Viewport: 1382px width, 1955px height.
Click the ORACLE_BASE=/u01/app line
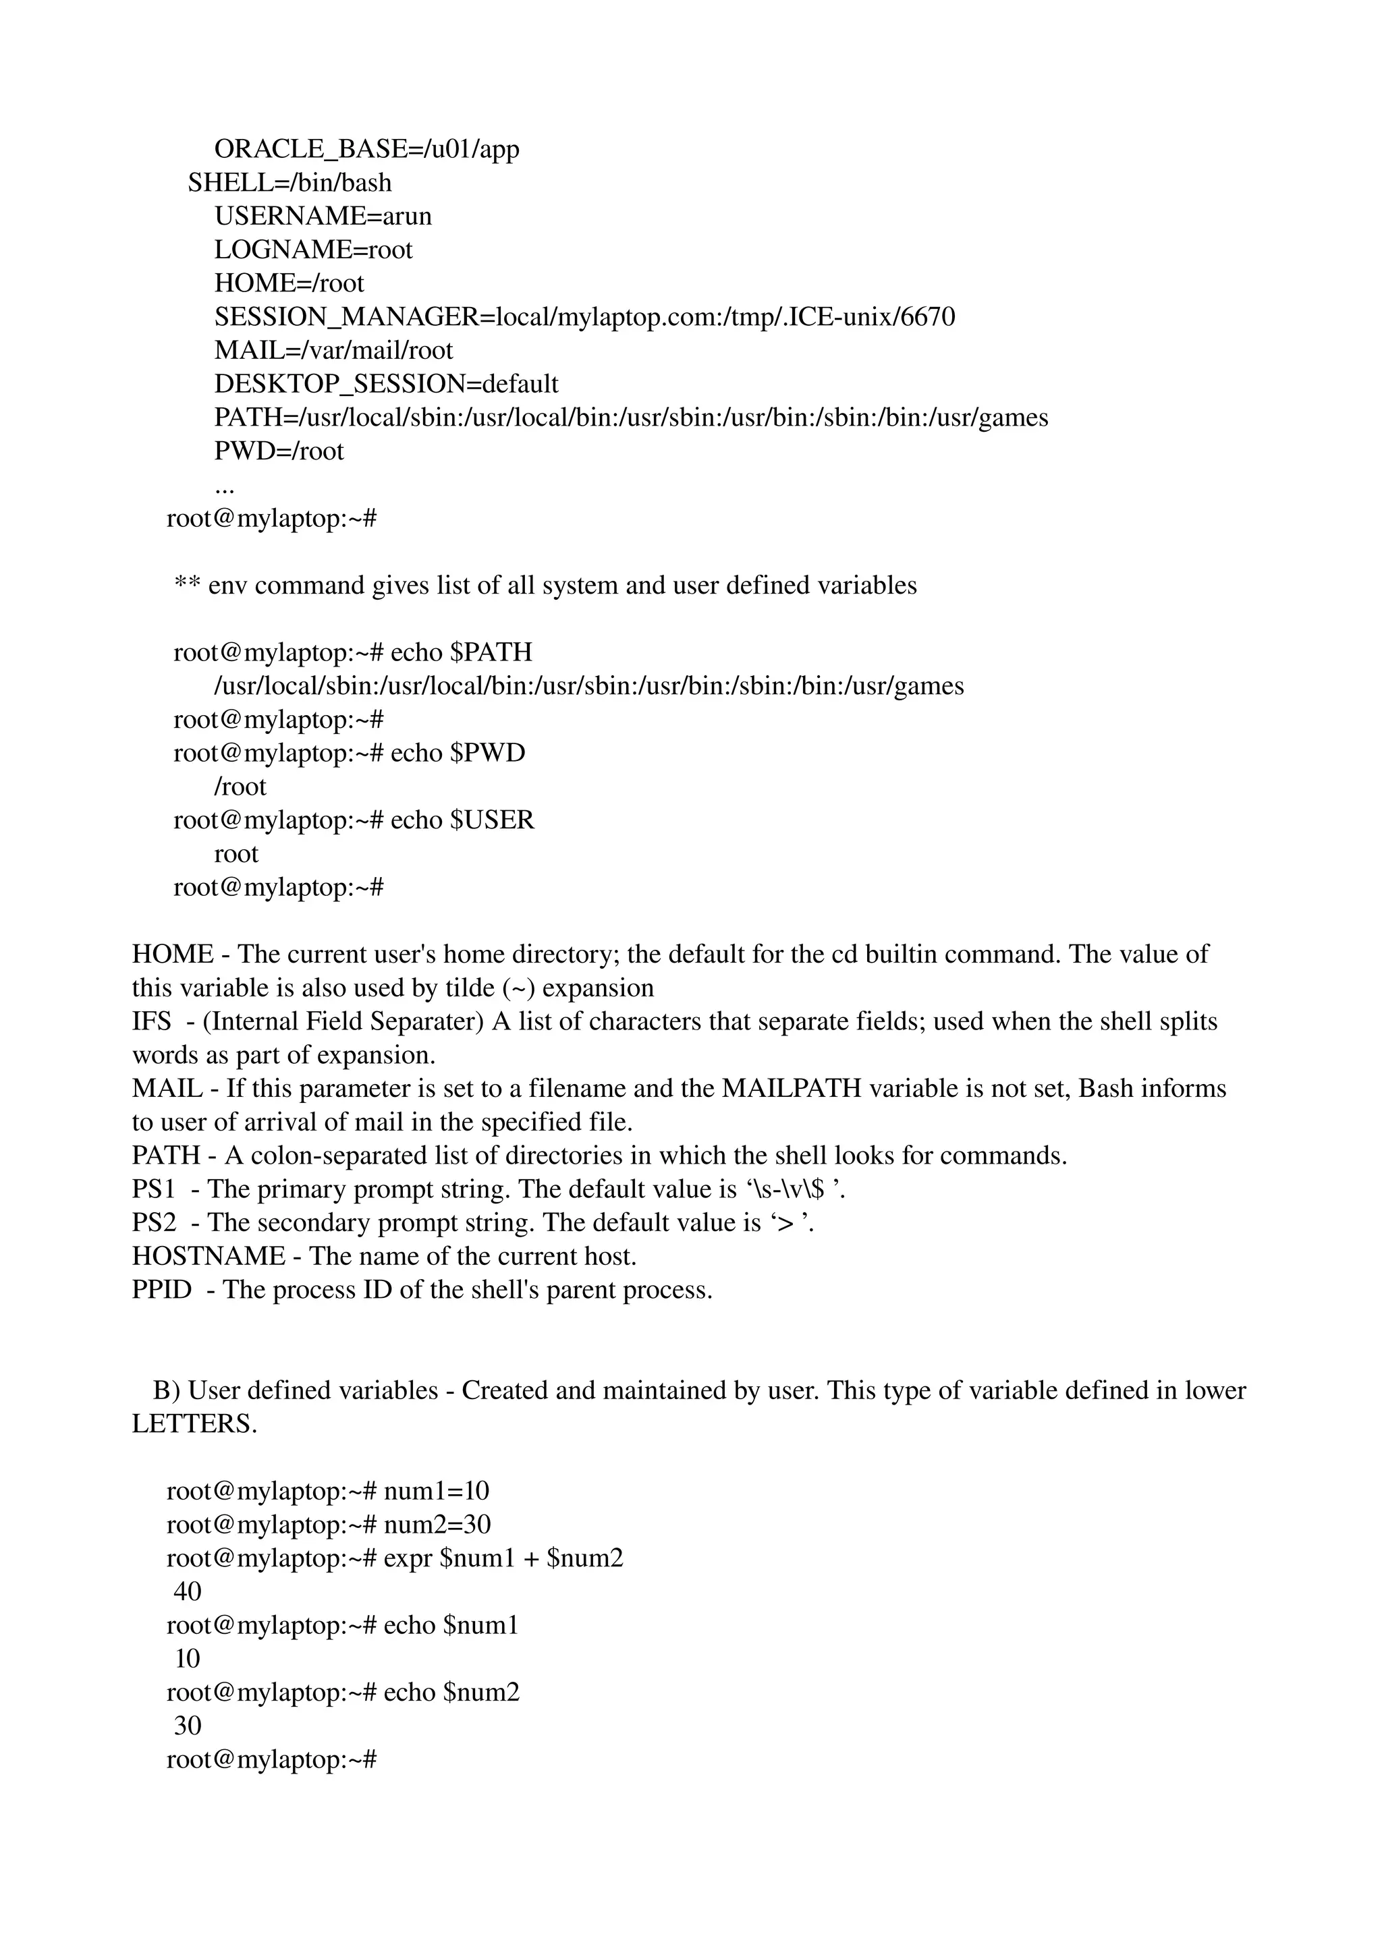pyautogui.click(x=366, y=149)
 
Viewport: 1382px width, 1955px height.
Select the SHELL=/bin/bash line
pyautogui.click(x=289, y=183)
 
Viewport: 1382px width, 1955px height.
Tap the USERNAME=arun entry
pyautogui.click(x=323, y=217)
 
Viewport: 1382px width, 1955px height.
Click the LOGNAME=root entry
pyautogui.click(x=312, y=250)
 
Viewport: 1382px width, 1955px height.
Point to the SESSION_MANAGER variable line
pyautogui.click(x=584, y=317)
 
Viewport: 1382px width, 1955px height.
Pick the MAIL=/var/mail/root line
pyautogui.click(x=333, y=350)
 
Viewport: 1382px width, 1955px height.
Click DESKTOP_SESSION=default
pyautogui.click(x=386, y=384)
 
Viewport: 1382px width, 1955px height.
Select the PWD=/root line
pyautogui.click(x=279, y=451)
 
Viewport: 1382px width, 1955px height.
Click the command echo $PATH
pyautogui.click(x=461, y=652)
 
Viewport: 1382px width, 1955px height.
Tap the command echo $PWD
pyautogui.click(x=458, y=753)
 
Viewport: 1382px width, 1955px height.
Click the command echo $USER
pyautogui.click(x=462, y=820)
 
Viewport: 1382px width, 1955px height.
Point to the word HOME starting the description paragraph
pyautogui.click(x=172, y=954)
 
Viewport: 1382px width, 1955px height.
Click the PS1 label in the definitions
pyautogui.click(x=153, y=1189)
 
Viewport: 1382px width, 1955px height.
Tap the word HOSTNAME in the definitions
pyautogui.click(x=209, y=1256)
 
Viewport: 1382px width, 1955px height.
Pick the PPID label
pyautogui.click(x=161, y=1289)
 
